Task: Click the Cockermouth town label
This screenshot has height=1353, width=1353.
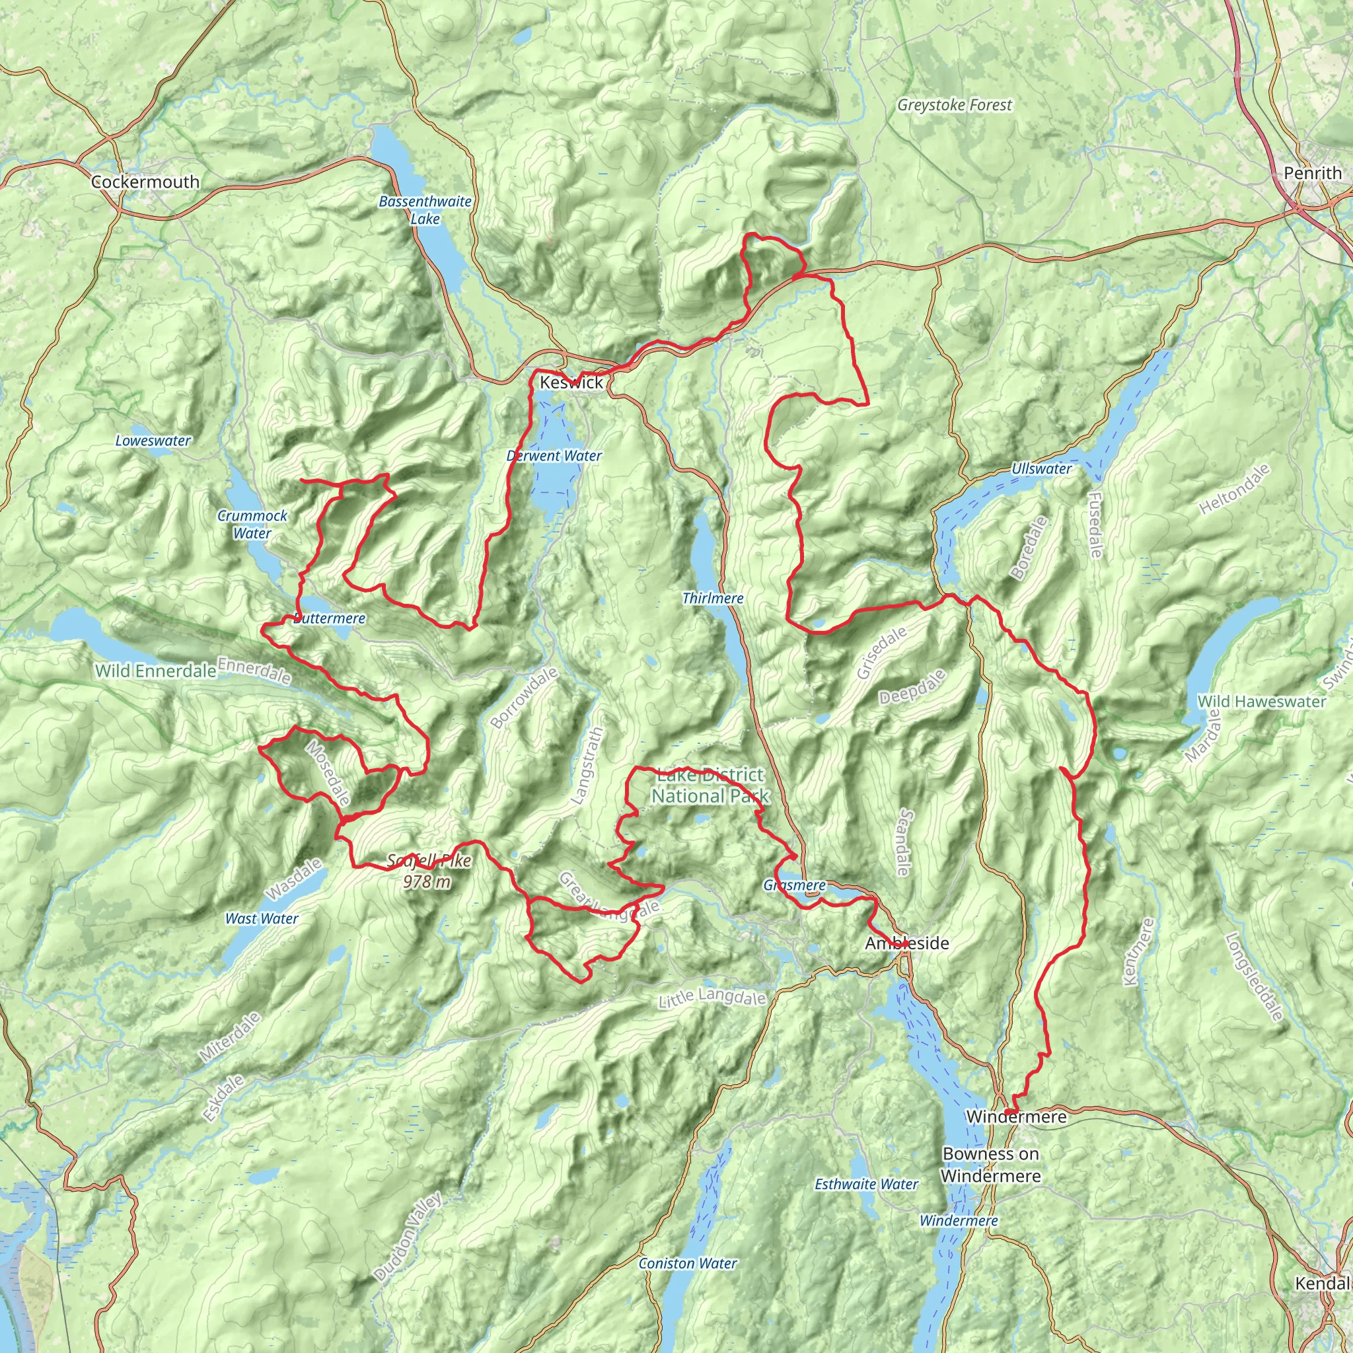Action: tap(145, 182)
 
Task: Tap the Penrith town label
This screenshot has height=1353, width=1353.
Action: tap(1313, 173)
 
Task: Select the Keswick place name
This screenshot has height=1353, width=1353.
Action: tap(571, 383)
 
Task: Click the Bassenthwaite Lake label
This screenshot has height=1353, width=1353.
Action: tap(425, 210)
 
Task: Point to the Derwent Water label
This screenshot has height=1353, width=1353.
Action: tap(554, 456)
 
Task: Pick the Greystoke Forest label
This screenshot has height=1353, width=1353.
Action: tap(955, 105)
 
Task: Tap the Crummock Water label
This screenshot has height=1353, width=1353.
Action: tap(252, 525)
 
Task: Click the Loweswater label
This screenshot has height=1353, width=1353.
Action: tap(153, 441)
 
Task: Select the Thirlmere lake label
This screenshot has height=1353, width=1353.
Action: tap(713, 598)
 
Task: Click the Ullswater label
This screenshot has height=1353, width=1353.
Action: tap(1041, 468)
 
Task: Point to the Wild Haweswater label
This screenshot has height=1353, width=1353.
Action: tap(1261, 701)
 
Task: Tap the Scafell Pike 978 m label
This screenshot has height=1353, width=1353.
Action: tap(428, 871)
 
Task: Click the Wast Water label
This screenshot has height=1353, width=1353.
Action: tap(261, 918)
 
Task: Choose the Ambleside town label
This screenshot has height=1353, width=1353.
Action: tap(907, 943)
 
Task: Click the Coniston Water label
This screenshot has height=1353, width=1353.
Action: tap(688, 1263)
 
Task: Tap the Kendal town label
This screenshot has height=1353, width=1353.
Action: tap(1321, 1283)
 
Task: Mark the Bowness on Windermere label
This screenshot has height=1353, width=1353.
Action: tap(990, 1164)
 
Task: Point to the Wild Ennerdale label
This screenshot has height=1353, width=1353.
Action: tap(155, 671)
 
